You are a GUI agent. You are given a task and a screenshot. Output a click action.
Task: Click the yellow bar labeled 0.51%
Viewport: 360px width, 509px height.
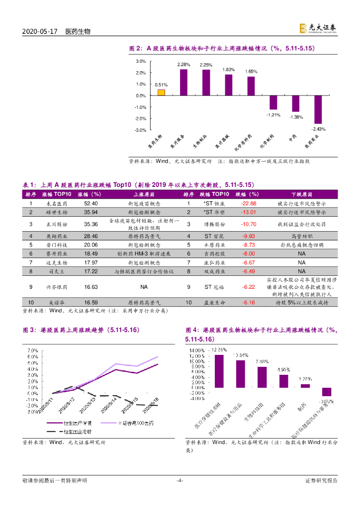tap(161, 92)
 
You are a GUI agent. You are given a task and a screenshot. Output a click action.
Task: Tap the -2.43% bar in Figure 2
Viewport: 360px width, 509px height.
tap(318, 109)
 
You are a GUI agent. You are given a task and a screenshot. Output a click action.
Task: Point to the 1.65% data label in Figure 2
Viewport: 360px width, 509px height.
tap(251, 72)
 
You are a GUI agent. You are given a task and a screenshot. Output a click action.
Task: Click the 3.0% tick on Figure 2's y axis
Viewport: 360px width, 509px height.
tap(140, 61)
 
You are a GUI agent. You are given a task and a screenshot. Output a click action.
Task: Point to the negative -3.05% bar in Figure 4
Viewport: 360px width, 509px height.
tap(326, 392)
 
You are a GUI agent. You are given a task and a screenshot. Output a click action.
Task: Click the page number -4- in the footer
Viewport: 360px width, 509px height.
tap(180, 480)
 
